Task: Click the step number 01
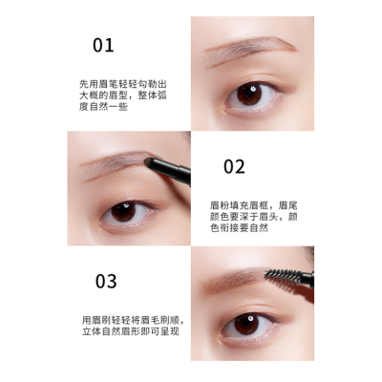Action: click(x=103, y=45)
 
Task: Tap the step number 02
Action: click(x=234, y=166)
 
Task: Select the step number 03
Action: click(x=106, y=281)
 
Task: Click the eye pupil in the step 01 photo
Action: click(x=249, y=95)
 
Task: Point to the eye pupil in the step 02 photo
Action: click(x=123, y=211)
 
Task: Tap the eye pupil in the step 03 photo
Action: click(x=246, y=324)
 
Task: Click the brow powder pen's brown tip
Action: click(x=149, y=163)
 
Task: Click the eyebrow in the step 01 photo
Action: click(x=250, y=50)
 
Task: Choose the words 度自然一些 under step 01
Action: click(x=103, y=106)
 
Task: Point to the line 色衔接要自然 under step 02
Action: click(x=239, y=228)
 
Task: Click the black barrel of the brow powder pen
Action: click(x=171, y=171)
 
